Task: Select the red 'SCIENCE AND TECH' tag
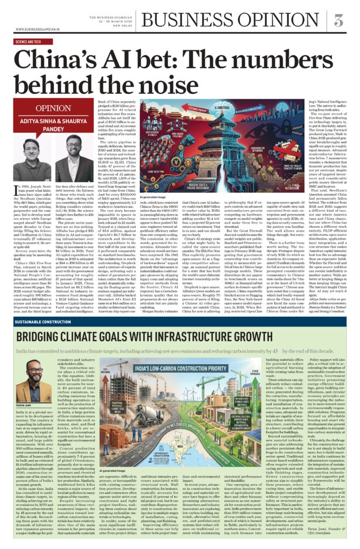click(26, 41)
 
